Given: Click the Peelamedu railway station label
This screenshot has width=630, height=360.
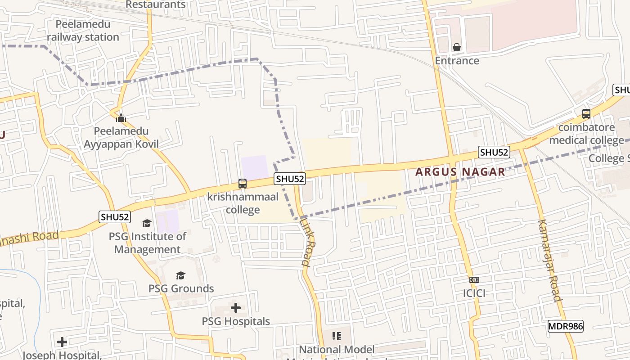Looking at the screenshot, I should pyautogui.click(x=83, y=31).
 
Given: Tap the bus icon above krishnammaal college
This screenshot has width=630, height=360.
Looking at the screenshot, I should pyautogui.click(x=242, y=184).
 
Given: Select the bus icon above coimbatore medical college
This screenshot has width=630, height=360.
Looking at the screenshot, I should pyautogui.click(x=586, y=114).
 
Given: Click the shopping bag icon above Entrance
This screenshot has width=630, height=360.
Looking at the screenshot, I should pyautogui.click(x=457, y=47).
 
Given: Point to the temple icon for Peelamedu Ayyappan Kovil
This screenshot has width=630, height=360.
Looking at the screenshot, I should pyautogui.click(x=121, y=118).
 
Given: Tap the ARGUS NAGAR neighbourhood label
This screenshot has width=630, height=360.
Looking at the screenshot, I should pyautogui.click(x=460, y=172).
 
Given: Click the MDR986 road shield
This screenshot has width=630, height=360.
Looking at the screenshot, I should pyautogui.click(x=565, y=326).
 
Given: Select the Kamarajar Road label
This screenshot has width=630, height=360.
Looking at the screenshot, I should pyautogui.click(x=549, y=260).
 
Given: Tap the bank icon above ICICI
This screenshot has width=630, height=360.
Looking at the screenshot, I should pyautogui.click(x=474, y=280).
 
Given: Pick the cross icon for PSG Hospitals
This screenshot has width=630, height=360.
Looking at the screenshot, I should pyautogui.click(x=235, y=308).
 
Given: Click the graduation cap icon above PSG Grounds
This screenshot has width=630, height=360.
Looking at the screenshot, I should pyautogui.click(x=180, y=275).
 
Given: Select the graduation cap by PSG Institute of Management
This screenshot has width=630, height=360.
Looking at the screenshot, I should pyautogui.click(x=147, y=223).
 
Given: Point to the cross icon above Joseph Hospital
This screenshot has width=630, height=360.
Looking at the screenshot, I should pyautogui.click(x=62, y=342).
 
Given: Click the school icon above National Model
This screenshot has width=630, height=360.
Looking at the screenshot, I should pyautogui.click(x=336, y=336).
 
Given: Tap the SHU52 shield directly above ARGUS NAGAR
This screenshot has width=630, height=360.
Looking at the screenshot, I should pyautogui.click(x=494, y=152).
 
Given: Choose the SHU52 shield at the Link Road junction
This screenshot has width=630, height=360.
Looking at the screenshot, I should pyautogui.click(x=290, y=179).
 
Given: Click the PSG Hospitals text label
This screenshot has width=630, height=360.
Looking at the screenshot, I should pyautogui.click(x=236, y=321).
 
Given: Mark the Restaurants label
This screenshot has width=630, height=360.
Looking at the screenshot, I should pyautogui.click(x=155, y=4).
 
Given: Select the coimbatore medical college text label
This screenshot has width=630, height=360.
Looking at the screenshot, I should pyautogui.click(x=586, y=134).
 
